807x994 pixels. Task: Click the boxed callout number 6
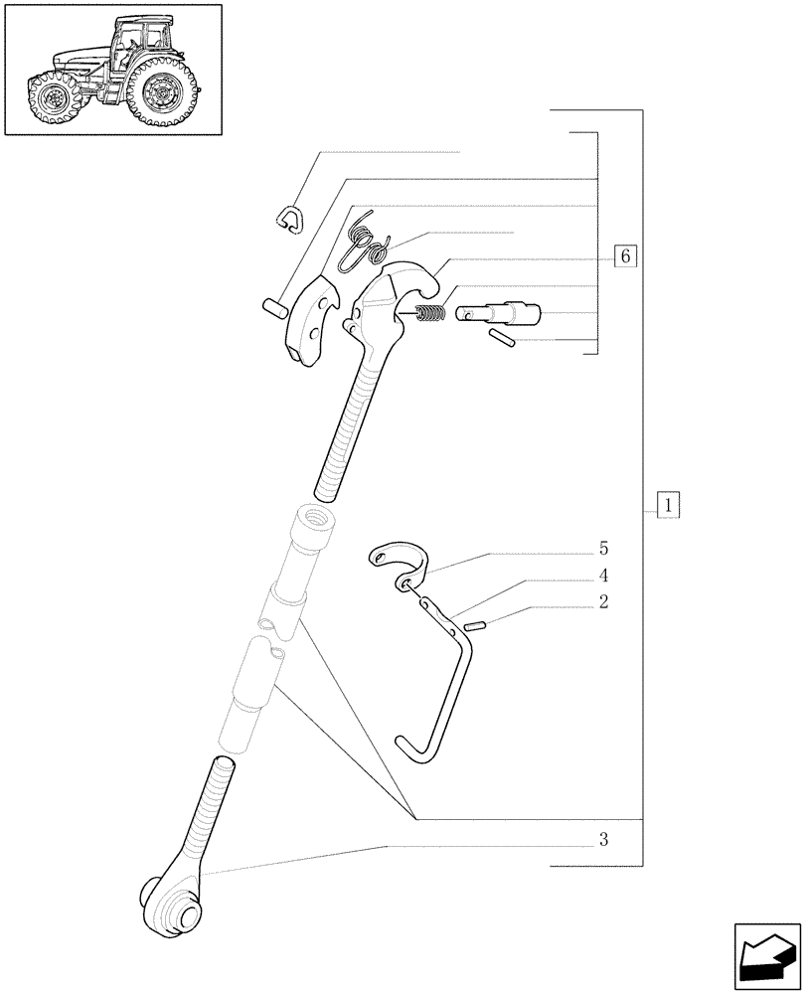pos(624,255)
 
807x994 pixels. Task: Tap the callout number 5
pos(603,549)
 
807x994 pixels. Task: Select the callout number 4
pos(603,576)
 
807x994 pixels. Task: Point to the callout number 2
pos(603,602)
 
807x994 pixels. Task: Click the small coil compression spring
pos(428,315)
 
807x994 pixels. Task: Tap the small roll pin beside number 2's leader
pos(475,626)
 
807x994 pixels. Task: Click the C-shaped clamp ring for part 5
pos(398,565)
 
